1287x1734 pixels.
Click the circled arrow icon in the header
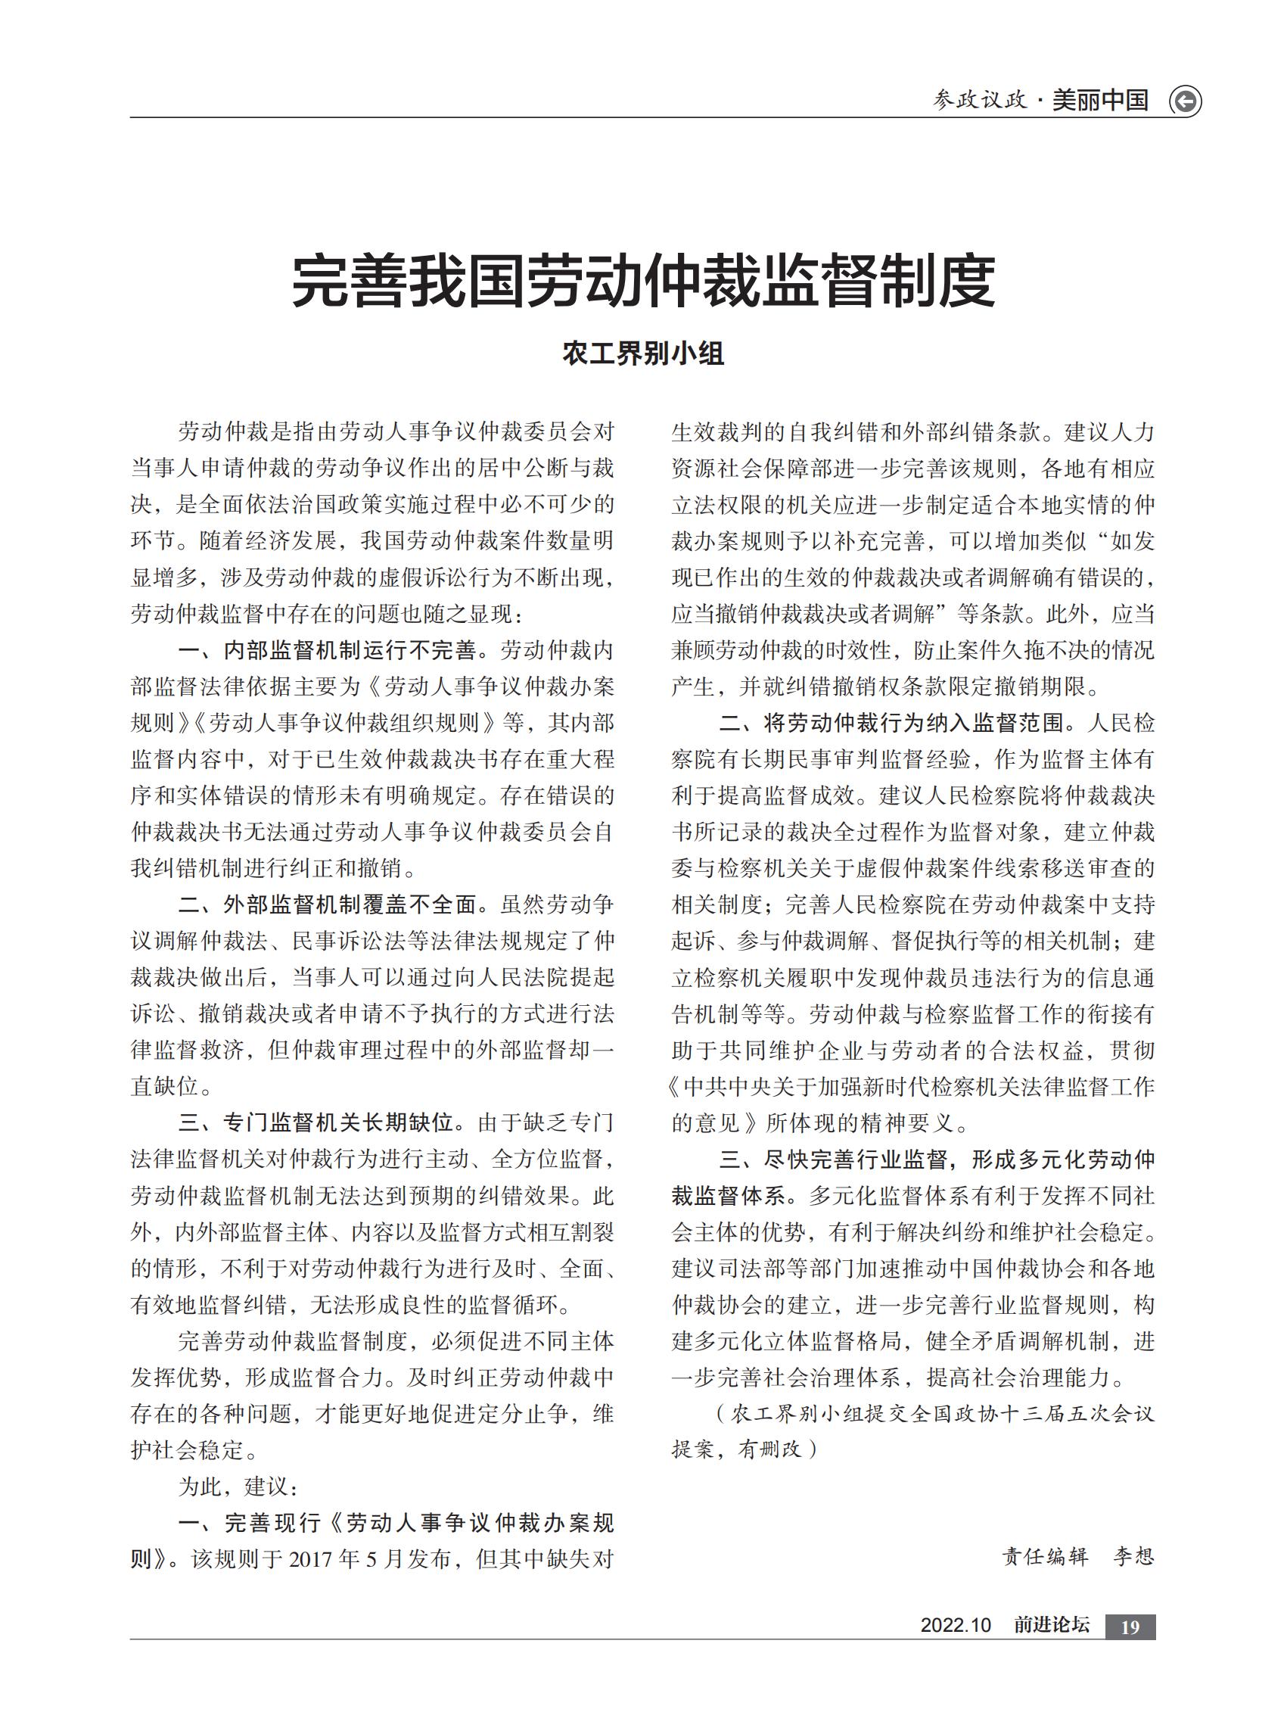(x=1185, y=101)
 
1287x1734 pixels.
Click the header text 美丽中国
(x=1100, y=101)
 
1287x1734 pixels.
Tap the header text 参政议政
(x=980, y=101)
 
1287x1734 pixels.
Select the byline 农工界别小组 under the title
(x=642, y=353)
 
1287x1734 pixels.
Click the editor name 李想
(x=1133, y=1556)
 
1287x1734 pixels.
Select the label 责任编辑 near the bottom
(x=1045, y=1556)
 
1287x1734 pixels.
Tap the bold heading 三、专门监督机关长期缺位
(x=315, y=1122)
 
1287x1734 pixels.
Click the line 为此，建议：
(x=238, y=1487)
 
